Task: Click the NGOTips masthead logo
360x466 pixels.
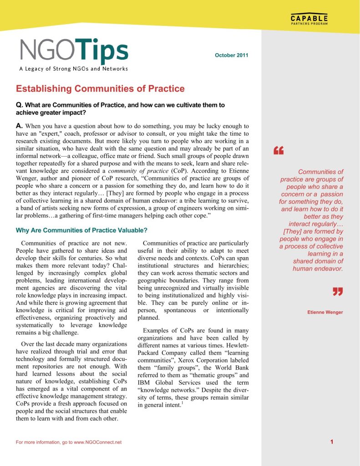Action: coord(74,51)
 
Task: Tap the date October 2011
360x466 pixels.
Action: coord(231,56)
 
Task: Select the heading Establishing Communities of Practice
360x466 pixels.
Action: coord(100,89)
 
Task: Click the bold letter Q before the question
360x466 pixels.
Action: coord(19,105)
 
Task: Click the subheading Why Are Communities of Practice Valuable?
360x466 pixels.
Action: coord(81,230)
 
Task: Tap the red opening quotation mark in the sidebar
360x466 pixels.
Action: coord(279,151)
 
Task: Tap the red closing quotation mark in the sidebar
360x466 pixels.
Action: coord(337,292)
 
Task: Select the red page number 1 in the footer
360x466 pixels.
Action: coord(332,442)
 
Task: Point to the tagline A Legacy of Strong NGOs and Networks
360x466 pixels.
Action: coord(73,69)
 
